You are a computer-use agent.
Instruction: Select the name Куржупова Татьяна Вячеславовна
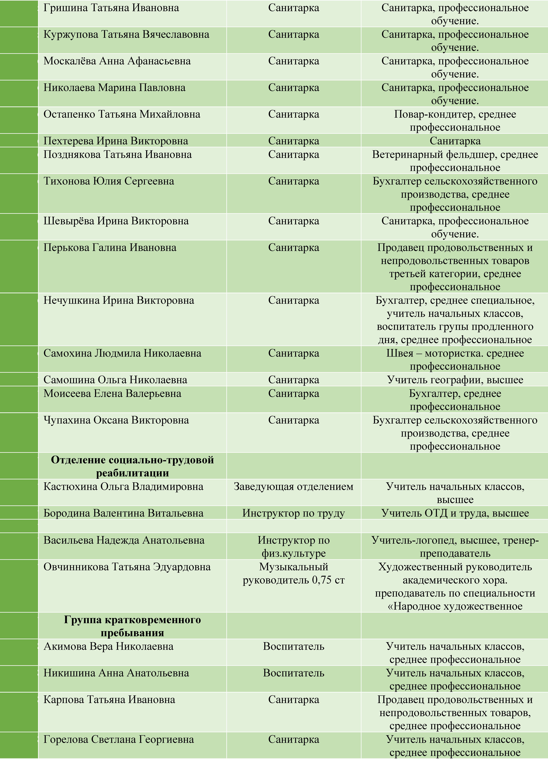[x=126, y=34]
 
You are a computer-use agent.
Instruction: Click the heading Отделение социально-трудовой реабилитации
[x=132, y=466]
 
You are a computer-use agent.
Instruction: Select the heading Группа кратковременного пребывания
[x=132, y=626]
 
